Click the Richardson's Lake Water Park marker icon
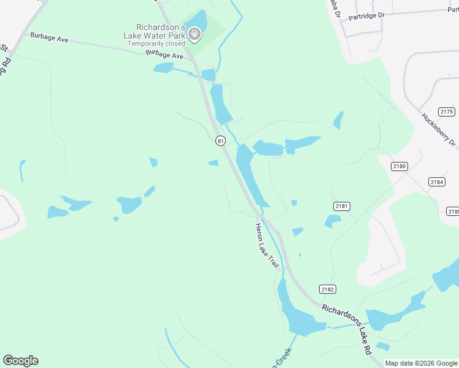click(195, 35)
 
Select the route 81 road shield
click(220, 141)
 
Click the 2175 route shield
click(447, 112)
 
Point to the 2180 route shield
click(399, 166)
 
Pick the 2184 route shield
click(437, 182)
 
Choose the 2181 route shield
click(342, 206)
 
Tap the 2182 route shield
click(328, 289)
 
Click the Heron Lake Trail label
click(268, 246)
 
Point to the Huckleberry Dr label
click(439, 131)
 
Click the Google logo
click(20, 361)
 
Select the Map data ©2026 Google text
click(421, 363)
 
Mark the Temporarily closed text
click(156, 44)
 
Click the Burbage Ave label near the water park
click(164, 56)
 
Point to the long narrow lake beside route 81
click(251, 175)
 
